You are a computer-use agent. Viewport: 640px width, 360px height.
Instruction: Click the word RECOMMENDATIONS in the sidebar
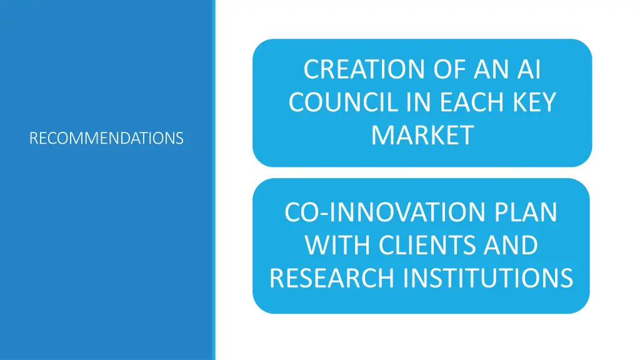pos(106,137)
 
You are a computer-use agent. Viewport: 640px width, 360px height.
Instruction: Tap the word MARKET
pos(422,135)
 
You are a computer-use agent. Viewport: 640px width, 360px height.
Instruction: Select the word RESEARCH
pos(332,277)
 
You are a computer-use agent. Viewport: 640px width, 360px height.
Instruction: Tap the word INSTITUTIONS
pos(488,277)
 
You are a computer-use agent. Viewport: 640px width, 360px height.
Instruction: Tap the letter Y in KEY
pos(547,102)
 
